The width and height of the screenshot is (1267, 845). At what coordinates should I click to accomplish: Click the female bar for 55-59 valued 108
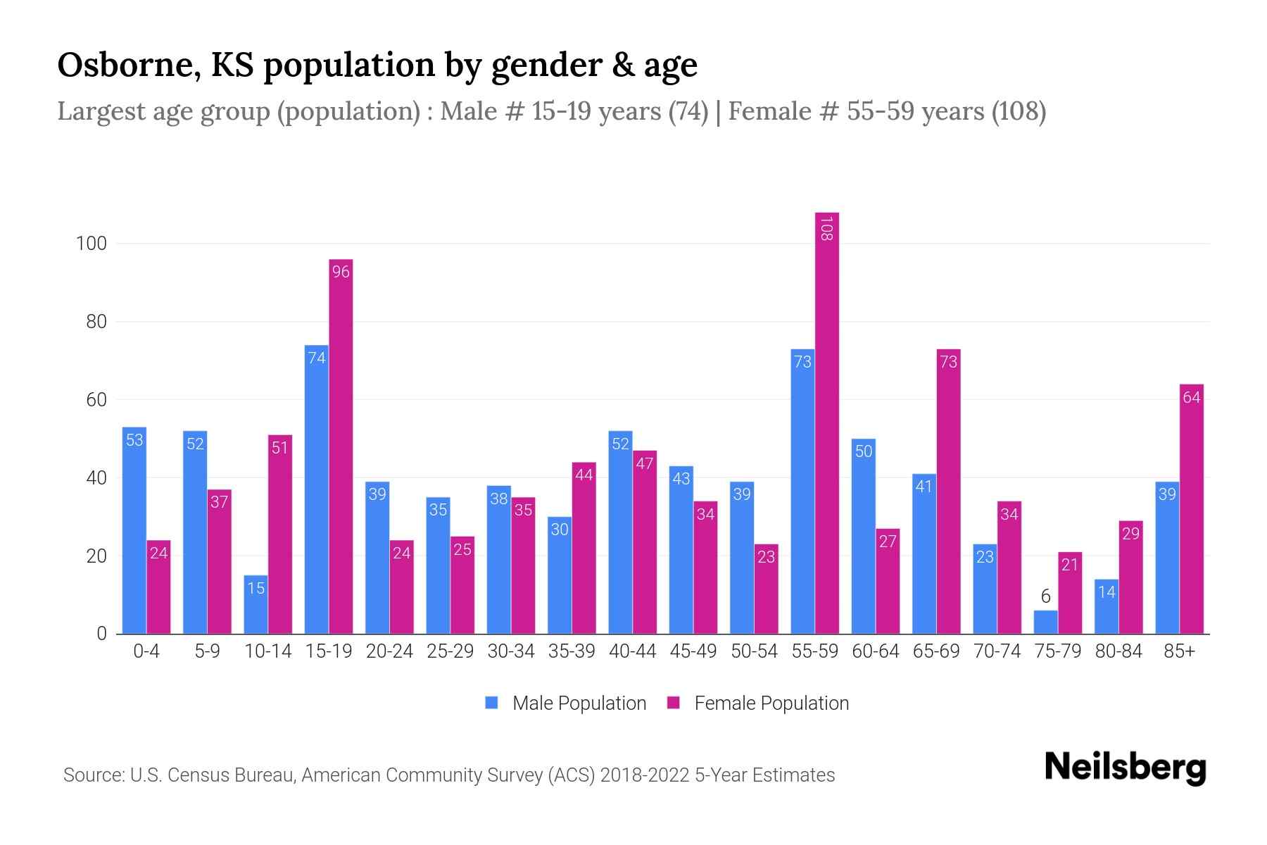[x=827, y=423]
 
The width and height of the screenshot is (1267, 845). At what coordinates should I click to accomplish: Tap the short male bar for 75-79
[x=1045, y=622]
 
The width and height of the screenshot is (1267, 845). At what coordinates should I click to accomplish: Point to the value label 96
[x=341, y=272]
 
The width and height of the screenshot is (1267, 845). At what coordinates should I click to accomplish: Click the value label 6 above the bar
[x=1045, y=597]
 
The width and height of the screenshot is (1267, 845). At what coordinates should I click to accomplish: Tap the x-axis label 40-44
[x=632, y=651]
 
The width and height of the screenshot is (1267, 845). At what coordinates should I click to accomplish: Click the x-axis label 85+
[x=1179, y=651]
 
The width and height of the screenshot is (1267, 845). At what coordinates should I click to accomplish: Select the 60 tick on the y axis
[x=96, y=400]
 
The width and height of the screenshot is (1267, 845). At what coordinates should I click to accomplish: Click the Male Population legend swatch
[x=491, y=703]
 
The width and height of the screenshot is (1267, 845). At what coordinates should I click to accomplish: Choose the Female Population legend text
[x=771, y=703]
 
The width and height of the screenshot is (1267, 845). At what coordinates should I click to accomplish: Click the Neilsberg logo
[x=1125, y=768]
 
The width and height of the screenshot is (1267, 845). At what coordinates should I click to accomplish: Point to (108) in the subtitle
[x=1019, y=111]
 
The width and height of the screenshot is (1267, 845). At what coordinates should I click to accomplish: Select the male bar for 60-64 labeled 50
[x=864, y=536]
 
